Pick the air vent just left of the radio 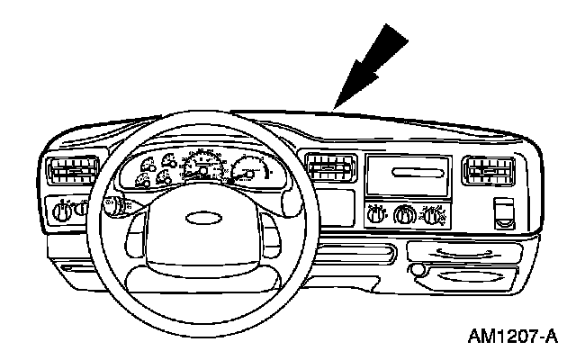(x=329, y=167)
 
